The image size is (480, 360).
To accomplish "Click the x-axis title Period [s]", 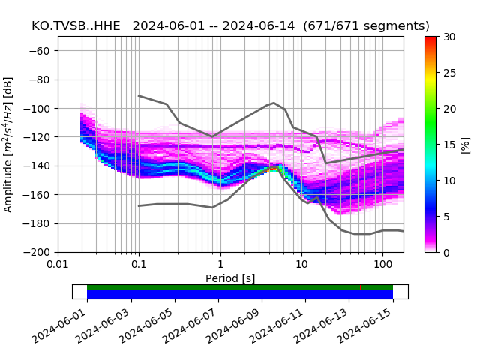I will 230,278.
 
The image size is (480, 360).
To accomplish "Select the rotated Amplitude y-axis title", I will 9,144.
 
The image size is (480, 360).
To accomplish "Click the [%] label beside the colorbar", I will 465,144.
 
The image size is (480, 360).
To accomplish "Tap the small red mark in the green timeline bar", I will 360,287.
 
